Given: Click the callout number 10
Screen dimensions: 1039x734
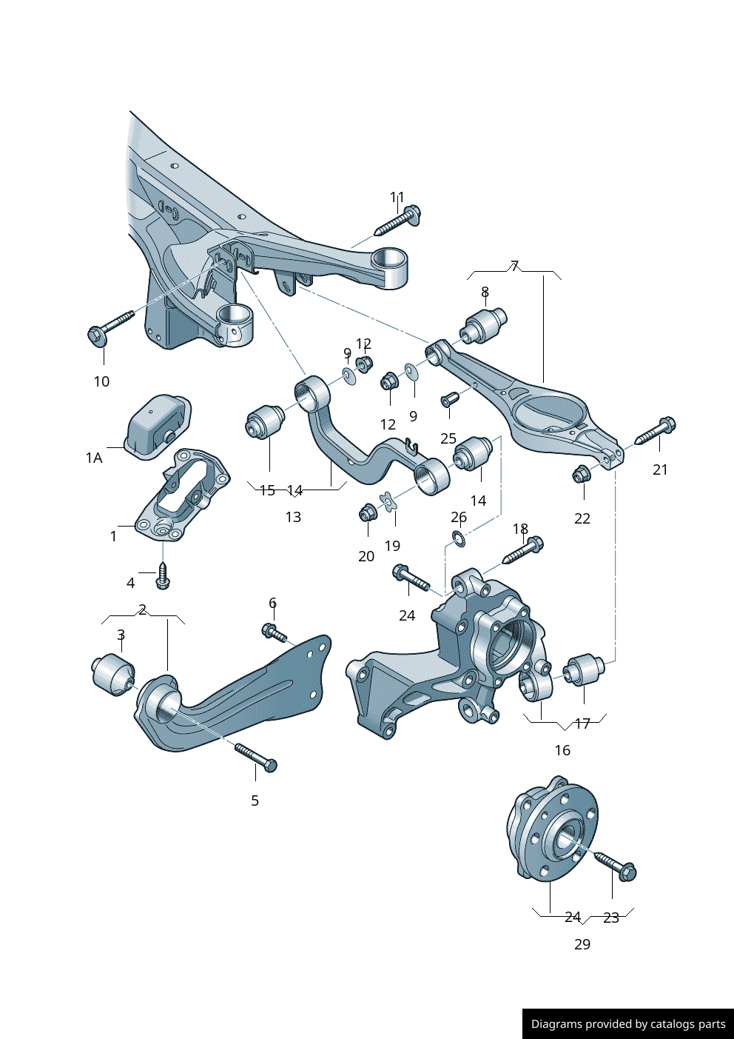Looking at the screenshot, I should point(101,381).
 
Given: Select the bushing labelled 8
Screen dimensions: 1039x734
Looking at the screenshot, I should point(485,326).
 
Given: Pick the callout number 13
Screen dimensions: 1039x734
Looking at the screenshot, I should point(293,517).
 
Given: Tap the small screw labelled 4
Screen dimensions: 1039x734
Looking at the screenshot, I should point(164,577).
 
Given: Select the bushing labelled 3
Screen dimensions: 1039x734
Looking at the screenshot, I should point(113,674).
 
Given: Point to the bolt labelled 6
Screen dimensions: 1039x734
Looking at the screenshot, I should point(275,632).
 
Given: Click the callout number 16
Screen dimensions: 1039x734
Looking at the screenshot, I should point(562,750).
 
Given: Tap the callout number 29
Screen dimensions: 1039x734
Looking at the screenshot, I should point(582,944).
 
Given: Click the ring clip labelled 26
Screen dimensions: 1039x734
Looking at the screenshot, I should point(459,538).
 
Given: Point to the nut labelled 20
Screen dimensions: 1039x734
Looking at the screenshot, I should point(367,512).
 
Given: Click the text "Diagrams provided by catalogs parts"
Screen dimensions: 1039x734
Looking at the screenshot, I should point(628,1024).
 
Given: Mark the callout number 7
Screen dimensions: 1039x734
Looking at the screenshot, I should point(514,266).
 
